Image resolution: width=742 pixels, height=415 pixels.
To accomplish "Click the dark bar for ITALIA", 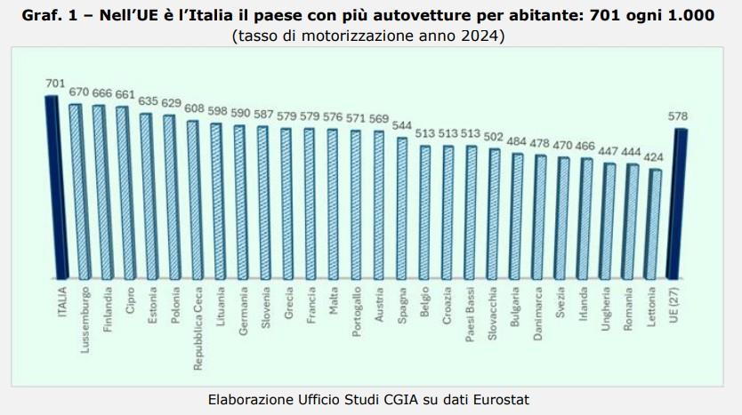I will [52, 187].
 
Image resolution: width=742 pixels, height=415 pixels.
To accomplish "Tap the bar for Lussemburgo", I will [76, 192].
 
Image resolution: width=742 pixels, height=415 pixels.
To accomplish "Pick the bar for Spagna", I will [402, 209].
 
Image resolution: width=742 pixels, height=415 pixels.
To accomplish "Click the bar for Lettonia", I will [656, 224].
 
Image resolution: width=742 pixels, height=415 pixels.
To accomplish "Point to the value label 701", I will [55, 84].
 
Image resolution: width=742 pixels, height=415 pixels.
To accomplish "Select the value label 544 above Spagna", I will [403, 125].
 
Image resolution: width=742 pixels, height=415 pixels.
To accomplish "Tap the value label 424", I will [655, 156].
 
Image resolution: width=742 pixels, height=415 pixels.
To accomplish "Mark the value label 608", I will [195, 108].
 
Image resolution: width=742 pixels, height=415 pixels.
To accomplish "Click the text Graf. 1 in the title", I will [52, 17].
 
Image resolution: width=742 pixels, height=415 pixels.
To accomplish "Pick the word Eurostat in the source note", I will [504, 399].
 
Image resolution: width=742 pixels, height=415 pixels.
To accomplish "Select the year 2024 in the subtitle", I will [480, 36].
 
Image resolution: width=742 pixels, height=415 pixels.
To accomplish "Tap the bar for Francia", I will [309, 204].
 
